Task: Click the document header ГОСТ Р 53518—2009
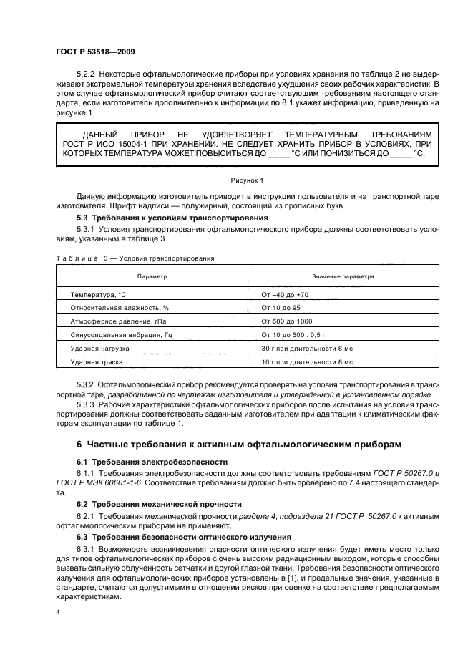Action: (94, 52)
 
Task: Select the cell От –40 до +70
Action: (286, 294)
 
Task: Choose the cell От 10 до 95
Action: (282, 307)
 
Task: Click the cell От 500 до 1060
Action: (287, 321)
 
